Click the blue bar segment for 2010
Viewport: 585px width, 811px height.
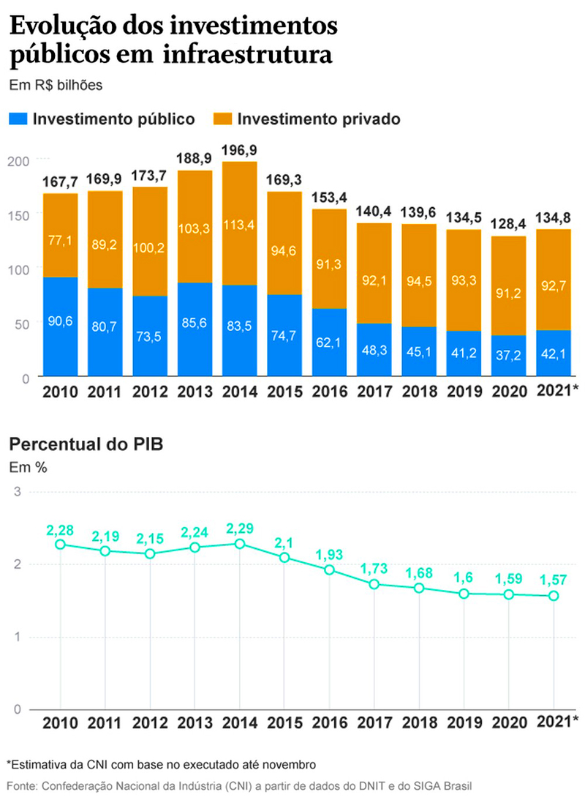(x=60, y=327)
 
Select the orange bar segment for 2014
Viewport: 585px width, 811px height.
(x=240, y=223)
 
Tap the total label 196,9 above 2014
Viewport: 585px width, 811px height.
(x=240, y=151)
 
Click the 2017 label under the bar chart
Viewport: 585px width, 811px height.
(x=374, y=392)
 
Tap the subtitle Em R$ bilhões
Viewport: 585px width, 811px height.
(x=56, y=85)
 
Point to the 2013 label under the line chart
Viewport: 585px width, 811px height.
(x=195, y=723)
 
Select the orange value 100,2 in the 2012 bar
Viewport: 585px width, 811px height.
(x=150, y=249)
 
